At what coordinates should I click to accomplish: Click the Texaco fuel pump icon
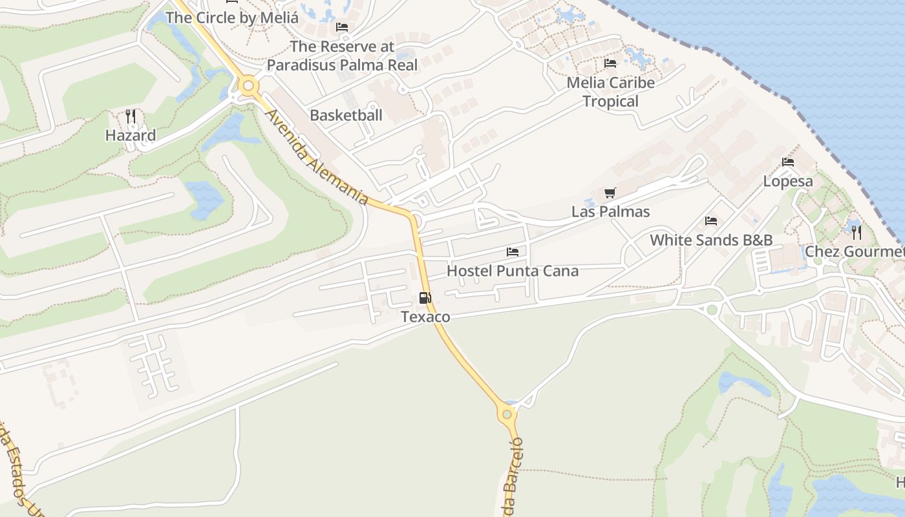pos(425,298)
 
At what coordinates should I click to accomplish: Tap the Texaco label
pos(425,317)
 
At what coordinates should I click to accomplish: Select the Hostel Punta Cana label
pos(513,271)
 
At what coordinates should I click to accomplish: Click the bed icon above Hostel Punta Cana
pos(513,251)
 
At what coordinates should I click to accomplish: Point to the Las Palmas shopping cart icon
pos(610,193)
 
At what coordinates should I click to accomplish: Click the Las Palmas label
pos(610,211)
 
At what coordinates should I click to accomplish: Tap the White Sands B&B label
pos(711,240)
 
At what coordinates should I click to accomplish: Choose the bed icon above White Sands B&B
pos(711,221)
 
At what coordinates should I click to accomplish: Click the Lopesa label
pos(787,181)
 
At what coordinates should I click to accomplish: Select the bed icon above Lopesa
pos(787,162)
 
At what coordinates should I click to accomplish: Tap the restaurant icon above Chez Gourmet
pos(857,232)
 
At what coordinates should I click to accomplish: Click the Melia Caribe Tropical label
pos(610,92)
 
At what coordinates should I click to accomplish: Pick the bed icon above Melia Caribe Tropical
pos(610,63)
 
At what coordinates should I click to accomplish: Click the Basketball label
pos(346,115)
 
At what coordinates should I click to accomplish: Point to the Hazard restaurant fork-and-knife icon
pos(131,116)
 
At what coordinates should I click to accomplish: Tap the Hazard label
pos(131,135)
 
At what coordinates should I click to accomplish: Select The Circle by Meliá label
pos(232,17)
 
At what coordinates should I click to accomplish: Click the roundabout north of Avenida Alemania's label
pos(248,85)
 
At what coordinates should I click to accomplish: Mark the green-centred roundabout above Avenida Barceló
pos(507,414)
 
